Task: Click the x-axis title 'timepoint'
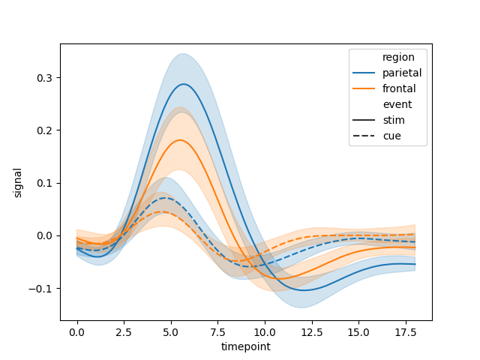tap(246, 346)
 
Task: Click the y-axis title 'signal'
tap(17, 183)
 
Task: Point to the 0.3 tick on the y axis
tap(45, 78)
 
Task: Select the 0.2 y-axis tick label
tap(45, 130)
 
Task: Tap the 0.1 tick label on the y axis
tap(45, 183)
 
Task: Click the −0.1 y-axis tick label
tap(40, 289)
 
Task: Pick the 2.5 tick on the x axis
tap(124, 332)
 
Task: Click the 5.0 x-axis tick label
tap(171, 332)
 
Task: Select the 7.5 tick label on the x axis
tap(217, 332)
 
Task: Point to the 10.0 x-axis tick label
tap(265, 332)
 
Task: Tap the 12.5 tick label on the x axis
tap(312, 332)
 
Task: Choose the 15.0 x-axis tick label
tap(358, 332)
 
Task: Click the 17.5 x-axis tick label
tap(405, 332)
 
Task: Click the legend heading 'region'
tap(398, 57)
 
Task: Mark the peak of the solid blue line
tap(184, 84)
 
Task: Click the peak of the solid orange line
tap(180, 140)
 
